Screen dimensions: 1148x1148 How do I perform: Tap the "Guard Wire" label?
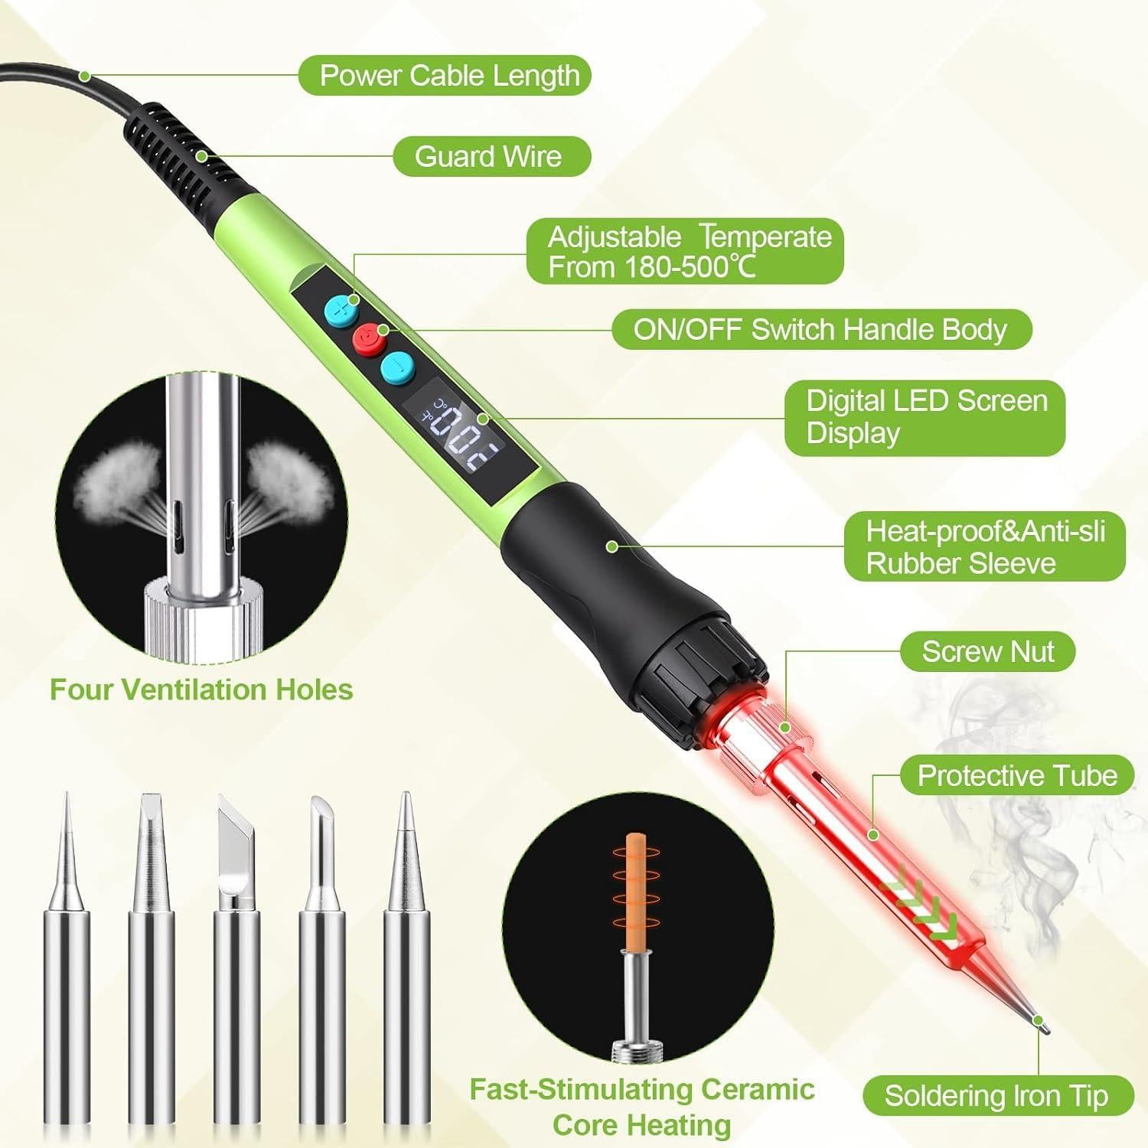point(491,157)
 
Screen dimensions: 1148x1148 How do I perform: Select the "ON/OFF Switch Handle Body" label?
point(821,330)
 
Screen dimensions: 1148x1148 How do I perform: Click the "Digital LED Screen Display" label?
point(925,417)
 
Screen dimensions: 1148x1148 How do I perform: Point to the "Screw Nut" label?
point(987,652)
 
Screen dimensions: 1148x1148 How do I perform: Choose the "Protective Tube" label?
point(1016,776)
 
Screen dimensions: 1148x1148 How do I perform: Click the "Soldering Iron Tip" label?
point(996,1096)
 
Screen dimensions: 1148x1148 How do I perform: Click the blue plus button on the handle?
point(341,308)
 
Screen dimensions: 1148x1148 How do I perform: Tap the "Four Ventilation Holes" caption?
point(201,690)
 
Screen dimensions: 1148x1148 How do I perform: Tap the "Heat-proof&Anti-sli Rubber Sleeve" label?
point(985,547)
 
